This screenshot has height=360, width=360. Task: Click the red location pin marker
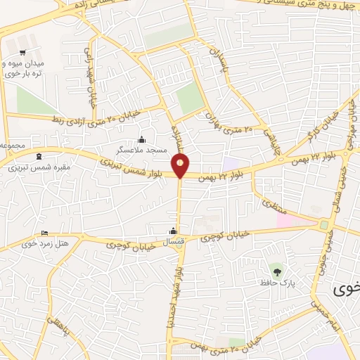[x=181, y=165]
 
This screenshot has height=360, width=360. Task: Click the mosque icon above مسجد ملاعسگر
[x=143, y=139]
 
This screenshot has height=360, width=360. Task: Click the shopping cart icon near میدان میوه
[x=22, y=53]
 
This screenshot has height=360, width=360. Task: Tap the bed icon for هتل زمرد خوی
[x=45, y=233]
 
